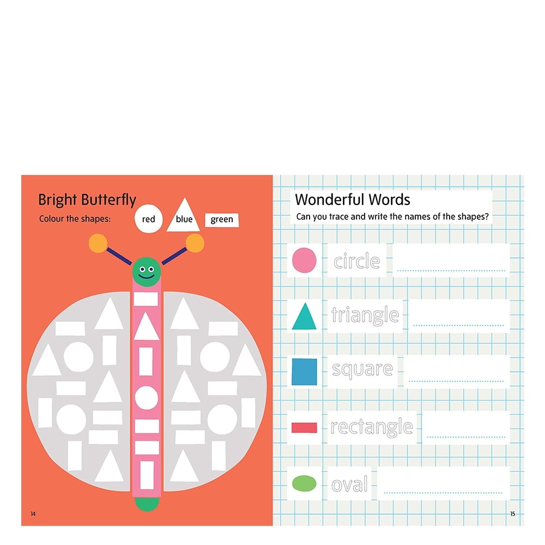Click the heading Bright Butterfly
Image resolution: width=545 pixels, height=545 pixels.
pos(87,200)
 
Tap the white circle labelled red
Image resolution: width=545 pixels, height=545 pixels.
pos(148,219)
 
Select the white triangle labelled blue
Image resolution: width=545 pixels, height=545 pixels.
pos(184,215)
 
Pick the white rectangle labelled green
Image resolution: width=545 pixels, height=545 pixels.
pos(222,220)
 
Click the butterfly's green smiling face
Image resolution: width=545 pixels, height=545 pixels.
pos(146,272)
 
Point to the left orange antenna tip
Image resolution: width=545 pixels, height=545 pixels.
pos(98,243)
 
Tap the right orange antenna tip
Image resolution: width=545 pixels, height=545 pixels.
pos(195,243)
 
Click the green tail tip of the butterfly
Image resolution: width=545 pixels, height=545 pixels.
pos(147,504)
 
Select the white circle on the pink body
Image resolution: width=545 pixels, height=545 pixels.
pos(146,398)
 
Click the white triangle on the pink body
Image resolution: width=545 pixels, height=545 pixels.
pos(146,326)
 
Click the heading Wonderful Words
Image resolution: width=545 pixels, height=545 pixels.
pos(353,199)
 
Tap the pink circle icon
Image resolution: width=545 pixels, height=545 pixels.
pos(304,260)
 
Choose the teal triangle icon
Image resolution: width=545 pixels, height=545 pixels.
pos(304,316)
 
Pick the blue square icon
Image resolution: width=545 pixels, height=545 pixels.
pos(304,372)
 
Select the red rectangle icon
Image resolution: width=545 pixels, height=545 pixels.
pos(304,427)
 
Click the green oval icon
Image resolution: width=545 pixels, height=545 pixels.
pos(304,483)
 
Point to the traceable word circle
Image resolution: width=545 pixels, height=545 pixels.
pos(356,262)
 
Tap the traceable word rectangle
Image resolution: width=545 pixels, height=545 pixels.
pos(372,427)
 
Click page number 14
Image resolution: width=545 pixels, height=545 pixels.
pos(33,514)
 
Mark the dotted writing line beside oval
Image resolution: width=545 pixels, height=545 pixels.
pos(443,493)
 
